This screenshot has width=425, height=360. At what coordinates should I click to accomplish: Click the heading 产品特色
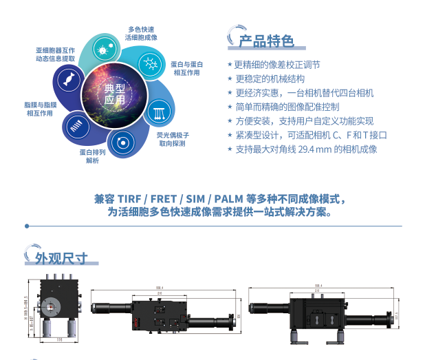[265, 41]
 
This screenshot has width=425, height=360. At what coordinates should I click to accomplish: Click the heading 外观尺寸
[62, 258]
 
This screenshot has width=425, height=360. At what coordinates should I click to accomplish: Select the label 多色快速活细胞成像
[142, 34]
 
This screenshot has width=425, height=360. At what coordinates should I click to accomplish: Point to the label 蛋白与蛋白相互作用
[186, 68]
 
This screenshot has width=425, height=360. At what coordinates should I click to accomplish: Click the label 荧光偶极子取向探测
[172, 139]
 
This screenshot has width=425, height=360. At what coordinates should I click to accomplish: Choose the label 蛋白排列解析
[92, 156]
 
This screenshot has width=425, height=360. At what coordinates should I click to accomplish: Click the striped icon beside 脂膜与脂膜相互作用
[76, 125]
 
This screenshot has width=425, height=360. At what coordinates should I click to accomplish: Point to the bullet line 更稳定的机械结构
[269, 78]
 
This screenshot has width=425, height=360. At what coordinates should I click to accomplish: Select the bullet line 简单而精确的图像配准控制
[287, 107]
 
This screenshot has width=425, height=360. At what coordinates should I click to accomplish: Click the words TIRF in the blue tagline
[129, 200]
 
